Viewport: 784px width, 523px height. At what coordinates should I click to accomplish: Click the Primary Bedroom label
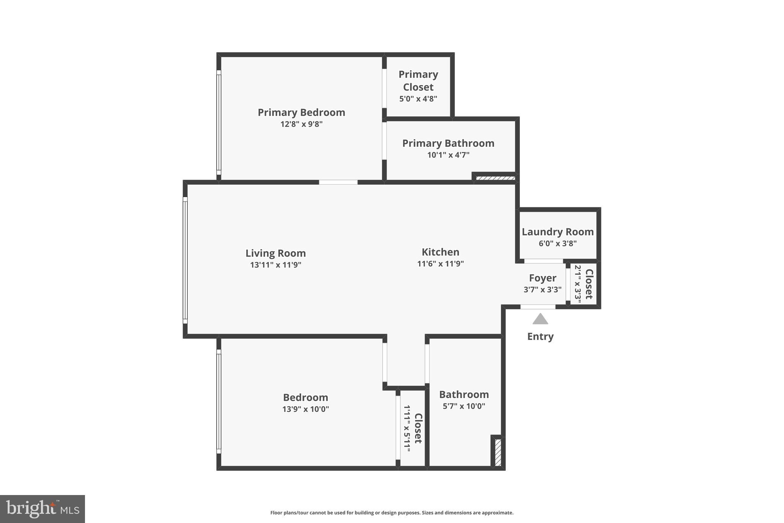click(x=301, y=112)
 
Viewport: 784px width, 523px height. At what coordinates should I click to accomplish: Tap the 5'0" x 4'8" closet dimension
click(x=418, y=99)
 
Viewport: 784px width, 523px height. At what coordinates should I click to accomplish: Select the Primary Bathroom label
click(x=448, y=143)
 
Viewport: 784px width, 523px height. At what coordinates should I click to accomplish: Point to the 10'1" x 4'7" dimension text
click(x=448, y=155)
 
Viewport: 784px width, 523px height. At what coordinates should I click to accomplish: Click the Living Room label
click(x=276, y=253)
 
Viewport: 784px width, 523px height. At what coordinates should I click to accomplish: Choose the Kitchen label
click(x=440, y=252)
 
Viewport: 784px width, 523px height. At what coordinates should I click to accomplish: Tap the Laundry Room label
click(x=557, y=232)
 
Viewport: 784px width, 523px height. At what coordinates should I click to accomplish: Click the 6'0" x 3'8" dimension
click(x=557, y=243)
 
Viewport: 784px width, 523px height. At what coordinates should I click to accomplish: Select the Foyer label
click(x=542, y=278)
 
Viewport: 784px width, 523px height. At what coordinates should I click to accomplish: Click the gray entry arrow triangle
click(x=540, y=320)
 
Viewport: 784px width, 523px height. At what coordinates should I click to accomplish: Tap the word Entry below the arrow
click(x=540, y=336)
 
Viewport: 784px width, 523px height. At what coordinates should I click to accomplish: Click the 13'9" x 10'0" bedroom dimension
click(x=305, y=409)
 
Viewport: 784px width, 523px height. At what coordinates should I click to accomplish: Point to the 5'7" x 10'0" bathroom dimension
click(x=464, y=406)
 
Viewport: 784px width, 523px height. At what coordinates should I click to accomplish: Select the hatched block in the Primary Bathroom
click(x=495, y=178)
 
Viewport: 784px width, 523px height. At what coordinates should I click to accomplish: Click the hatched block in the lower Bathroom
click(x=498, y=453)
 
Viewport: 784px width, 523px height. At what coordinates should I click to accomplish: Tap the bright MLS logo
click(x=42, y=509)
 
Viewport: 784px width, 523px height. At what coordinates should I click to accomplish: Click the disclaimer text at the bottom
click(x=392, y=513)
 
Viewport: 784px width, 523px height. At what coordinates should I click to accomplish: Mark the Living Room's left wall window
click(x=185, y=260)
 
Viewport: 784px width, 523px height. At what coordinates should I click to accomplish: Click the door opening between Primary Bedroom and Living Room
click(x=338, y=182)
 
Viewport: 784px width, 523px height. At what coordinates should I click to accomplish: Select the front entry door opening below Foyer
click(x=537, y=307)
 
